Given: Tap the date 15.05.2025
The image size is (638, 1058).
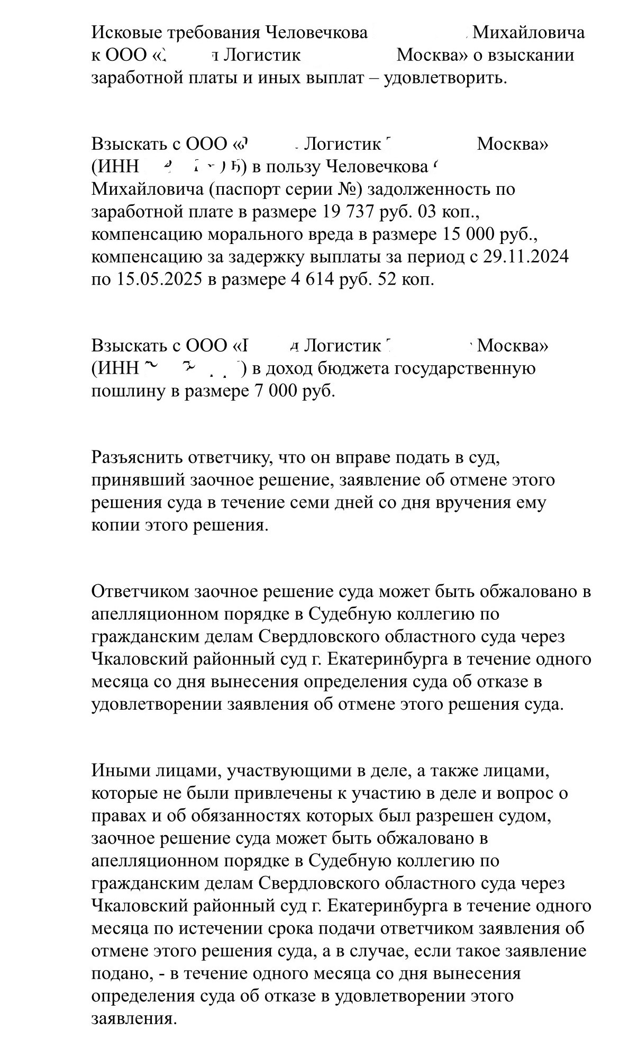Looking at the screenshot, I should [x=157, y=279].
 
